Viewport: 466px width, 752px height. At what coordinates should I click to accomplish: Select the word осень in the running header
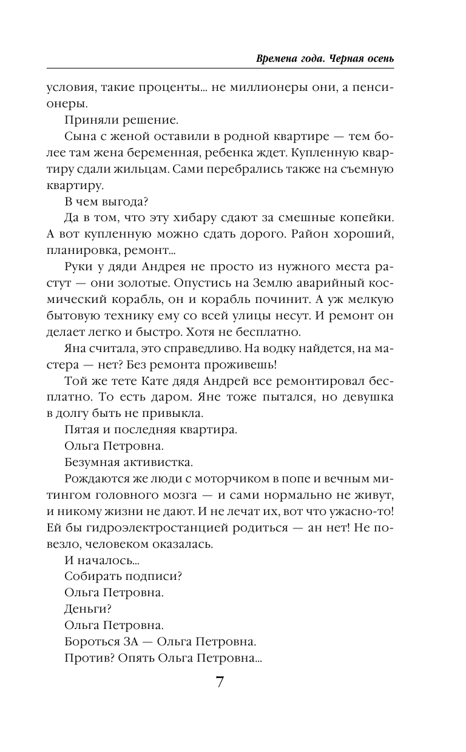(x=379, y=59)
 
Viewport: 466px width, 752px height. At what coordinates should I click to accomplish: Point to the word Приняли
(x=89, y=119)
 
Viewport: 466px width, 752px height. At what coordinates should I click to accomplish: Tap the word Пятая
(x=81, y=430)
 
